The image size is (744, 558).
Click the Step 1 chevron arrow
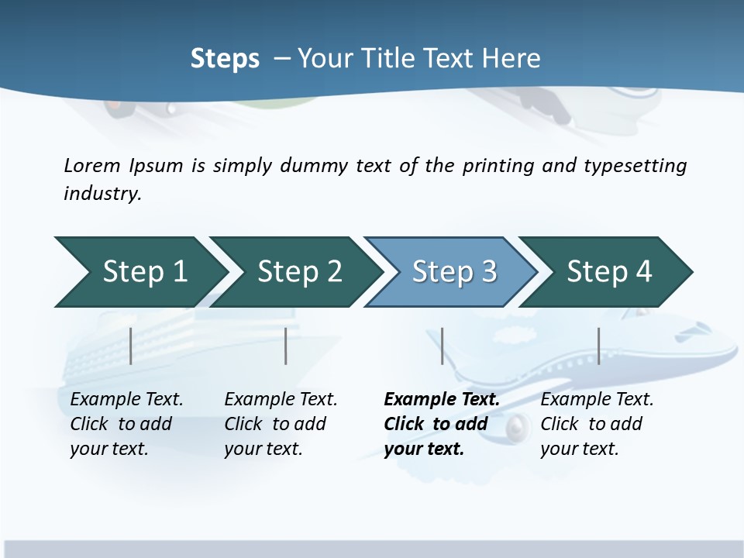(x=139, y=272)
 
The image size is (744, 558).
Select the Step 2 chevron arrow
(x=294, y=272)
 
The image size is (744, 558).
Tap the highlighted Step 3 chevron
(x=449, y=272)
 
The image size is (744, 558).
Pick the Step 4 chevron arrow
(x=604, y=272)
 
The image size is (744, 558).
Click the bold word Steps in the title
(x=225, y=59)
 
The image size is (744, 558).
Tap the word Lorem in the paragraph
(x=92, y=166)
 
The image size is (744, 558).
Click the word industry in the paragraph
(x=102, y=194)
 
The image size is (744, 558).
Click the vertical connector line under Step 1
(x=131, y=346)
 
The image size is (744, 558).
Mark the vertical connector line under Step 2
(x=286, y=346)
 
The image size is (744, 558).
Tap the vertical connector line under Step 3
(x=442, y=346)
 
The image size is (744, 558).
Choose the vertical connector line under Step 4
(x=598, y=346)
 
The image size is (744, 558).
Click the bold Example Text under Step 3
(x=442, y=400)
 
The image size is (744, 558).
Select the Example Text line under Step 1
(x=126, y=400)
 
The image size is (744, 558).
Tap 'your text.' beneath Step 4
(x=580, y=449)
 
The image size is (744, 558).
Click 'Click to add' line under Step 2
(x=275, y=424)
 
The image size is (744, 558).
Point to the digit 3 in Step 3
(x=489, y=272)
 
